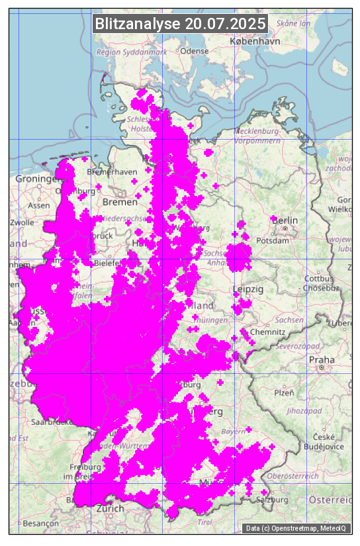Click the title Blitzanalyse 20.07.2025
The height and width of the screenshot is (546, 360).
pos(180,24)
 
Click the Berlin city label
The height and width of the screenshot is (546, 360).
pos(286,220)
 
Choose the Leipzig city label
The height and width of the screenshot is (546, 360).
pos(248,290)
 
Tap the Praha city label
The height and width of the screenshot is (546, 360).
pos(321,361)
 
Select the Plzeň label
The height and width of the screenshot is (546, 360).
pos(284,393)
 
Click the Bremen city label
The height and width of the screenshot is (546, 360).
pos(119,201)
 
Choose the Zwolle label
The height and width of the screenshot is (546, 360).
pos(21,222)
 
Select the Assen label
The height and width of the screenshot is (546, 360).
pos(39,205)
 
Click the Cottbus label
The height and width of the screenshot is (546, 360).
pos(318,279)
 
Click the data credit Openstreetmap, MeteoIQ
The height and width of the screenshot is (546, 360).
pos(298,528)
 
